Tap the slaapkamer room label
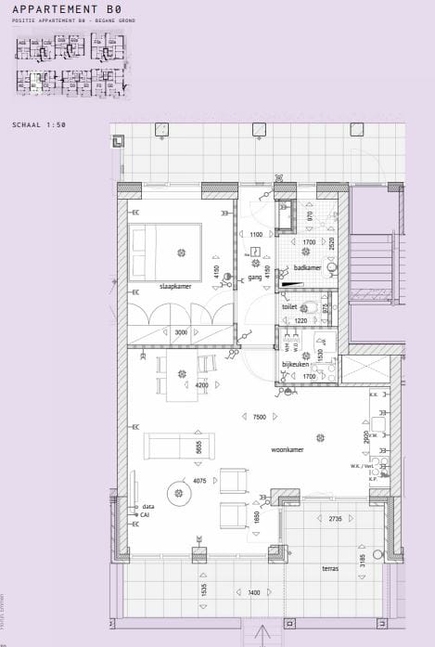coord(174,286)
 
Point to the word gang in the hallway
coord(254,278)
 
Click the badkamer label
coord(307,267)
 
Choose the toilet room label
coord(289,304)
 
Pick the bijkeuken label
coord(295,365)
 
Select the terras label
coord(330,569)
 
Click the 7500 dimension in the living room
coord(260,417)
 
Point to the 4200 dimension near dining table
coord(201,385)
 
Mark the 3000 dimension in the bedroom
coord(181,331)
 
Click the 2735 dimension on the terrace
coord(335,519)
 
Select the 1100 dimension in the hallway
coord(256,235)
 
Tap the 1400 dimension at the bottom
coord(254,592)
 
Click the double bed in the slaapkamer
coord(166,251)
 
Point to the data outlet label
coord(147,507)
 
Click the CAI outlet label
coord(145,514)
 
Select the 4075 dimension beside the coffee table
coord(199,481)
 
